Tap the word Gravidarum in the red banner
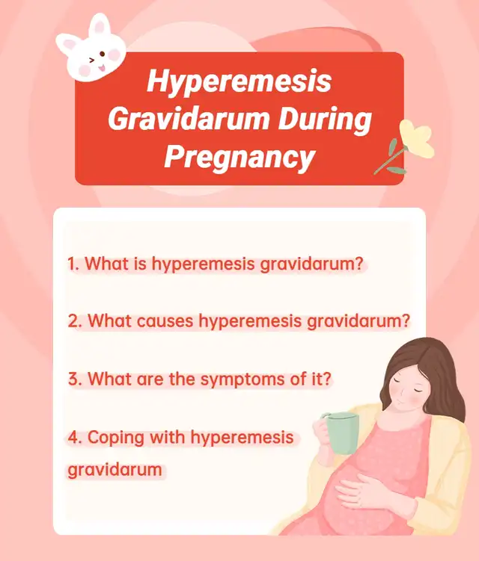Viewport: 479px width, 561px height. pos(189,120)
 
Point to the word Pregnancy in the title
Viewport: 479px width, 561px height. pos(239,158)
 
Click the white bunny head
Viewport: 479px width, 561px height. pos(91,49)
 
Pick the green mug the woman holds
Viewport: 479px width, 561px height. pos(341,433)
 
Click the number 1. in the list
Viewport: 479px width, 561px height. pos(73,264)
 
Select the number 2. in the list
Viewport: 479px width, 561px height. pos(75,321)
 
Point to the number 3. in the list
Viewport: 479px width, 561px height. pos(75,379)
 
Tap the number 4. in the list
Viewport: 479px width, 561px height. pos(75,437)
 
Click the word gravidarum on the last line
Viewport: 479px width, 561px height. pos(115,471)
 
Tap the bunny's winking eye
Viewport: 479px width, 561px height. pos(92,60)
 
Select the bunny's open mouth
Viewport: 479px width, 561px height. pos(102,67)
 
